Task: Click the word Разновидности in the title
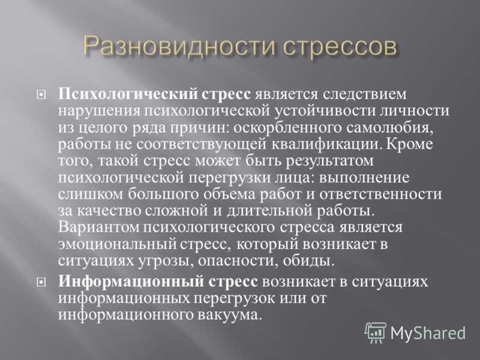[179, 47]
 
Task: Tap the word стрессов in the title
[340, 47]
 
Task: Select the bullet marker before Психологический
[41, 95]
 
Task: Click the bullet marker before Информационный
[41, 282]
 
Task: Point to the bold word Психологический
[128, 94]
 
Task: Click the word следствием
[365, 94]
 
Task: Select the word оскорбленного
[287, 127]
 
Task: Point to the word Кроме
[410, 144]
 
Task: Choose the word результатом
[329, 161]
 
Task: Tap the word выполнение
[364, 178]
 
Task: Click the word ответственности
[380, 194]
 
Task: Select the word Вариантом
[98, 227]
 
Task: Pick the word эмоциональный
[117, 244]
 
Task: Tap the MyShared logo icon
[376, 332]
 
